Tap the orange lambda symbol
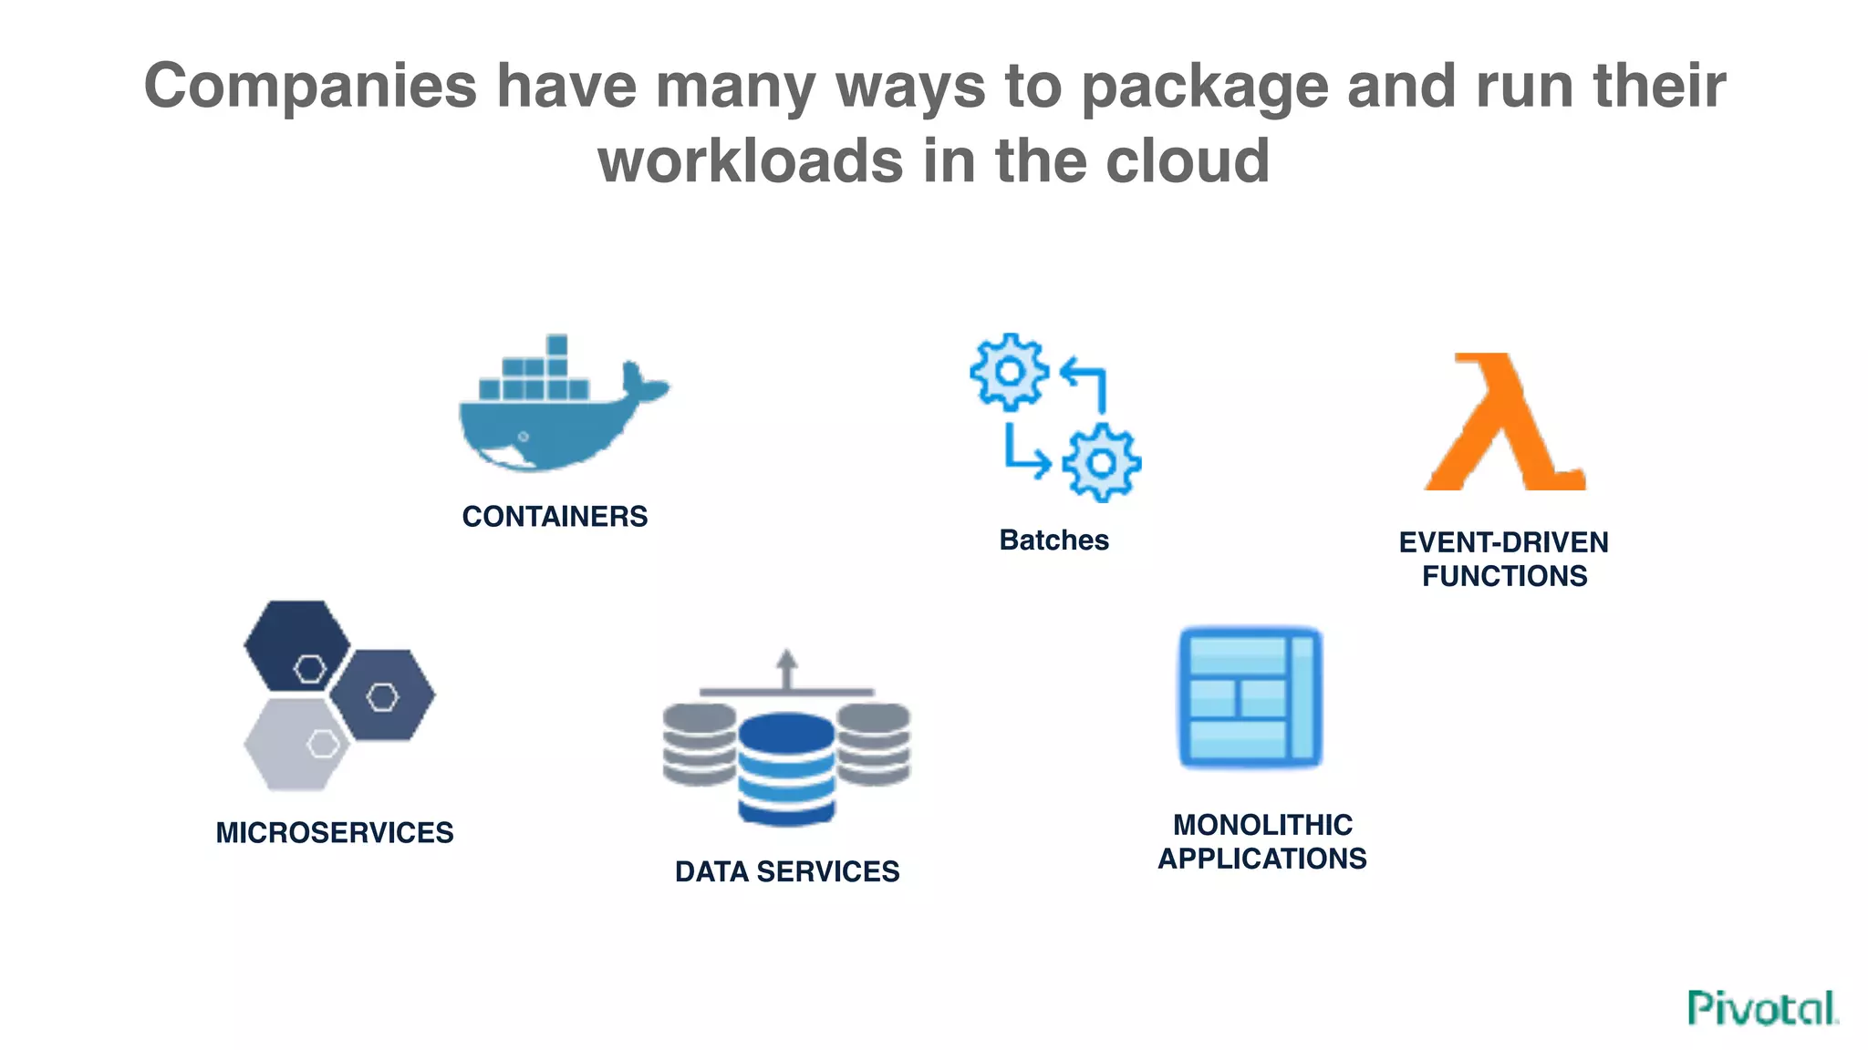(1505, 425)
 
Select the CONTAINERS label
(555, 517)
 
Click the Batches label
(1053, 540)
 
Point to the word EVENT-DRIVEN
(1503, 542)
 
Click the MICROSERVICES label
(334, 832)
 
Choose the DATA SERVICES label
(786, 871)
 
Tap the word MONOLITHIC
(1262, 825)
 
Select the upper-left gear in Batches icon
(1009, 371)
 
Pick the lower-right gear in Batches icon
(1101, 463)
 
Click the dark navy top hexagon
(296, 645)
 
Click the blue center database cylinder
(786, 770)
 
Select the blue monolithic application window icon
(1250, 698)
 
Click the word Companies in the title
(310, 87)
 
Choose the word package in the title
(1204, 87)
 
